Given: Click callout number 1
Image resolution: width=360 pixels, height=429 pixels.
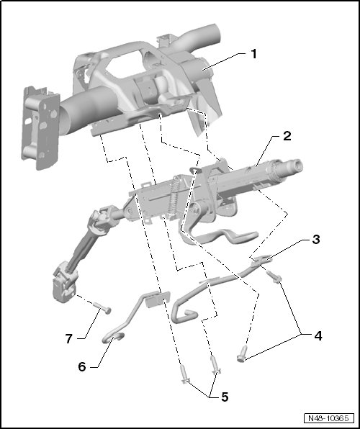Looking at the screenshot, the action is (x=254, y=54).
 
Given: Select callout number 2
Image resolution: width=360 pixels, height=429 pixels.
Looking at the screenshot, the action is (x=287, y=136).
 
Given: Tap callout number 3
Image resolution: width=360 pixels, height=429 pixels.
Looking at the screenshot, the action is (x=315, y=239).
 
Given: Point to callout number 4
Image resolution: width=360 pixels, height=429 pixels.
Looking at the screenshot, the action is (x=318, y=335).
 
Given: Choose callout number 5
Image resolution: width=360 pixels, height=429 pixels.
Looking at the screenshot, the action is (x=225, y=397).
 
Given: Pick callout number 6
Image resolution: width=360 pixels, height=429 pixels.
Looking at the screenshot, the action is (x=82, y=366).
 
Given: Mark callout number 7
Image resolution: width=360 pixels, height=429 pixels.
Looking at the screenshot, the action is (x=68, y=338).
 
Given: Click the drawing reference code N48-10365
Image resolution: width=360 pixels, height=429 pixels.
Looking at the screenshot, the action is (x=328, y=418).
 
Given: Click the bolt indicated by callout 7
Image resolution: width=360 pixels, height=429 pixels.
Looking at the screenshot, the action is (x=102, y=308).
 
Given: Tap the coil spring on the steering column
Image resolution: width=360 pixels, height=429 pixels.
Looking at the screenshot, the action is (x=173, y=196).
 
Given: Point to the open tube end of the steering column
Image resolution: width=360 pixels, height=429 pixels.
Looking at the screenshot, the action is (x=296, y=166).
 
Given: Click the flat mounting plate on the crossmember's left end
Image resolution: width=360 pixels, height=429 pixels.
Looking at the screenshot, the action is (x=40, y=128).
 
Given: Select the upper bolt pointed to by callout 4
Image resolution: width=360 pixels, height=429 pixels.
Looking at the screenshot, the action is (x=274, y=276).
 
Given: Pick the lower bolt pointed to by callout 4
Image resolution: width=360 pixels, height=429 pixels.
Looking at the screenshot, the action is (x=243, y=354).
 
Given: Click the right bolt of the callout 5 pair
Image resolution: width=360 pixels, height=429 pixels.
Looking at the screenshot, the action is (x=215, y=365).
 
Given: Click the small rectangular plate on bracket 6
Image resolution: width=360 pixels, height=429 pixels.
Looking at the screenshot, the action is (x=158, y=299).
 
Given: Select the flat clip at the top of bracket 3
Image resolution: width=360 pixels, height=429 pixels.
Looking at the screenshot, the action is (x=261, y=259).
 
